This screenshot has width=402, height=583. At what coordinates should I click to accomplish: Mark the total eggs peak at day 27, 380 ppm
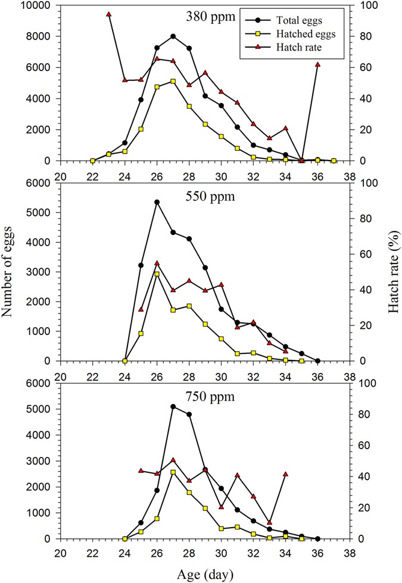(173, 36)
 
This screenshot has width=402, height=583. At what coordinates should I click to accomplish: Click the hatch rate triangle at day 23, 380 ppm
(108, 14)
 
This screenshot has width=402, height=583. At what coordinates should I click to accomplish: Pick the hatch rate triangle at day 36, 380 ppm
(317, 64)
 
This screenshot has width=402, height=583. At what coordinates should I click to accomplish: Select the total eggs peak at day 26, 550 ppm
(157, 202)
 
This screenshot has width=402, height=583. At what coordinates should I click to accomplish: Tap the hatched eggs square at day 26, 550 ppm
(157, 274)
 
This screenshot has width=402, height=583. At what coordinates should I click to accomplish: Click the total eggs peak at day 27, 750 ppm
(173, 407)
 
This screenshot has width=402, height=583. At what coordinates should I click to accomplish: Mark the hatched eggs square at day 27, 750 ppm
(173, 472)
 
